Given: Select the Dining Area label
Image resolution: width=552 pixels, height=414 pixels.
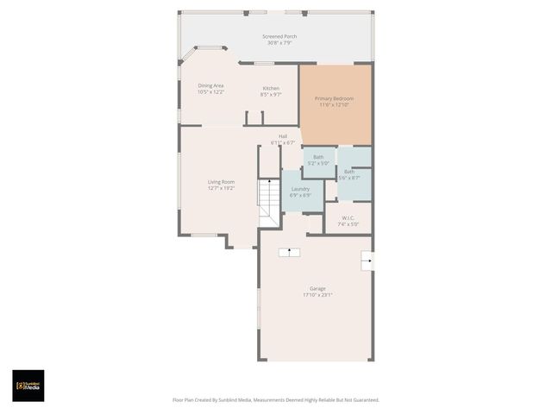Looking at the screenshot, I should tap(211, 85).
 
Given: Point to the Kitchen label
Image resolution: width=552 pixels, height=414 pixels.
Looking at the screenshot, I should tap(271, 88).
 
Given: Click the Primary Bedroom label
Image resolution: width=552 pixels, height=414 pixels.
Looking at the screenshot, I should tap(335, 98).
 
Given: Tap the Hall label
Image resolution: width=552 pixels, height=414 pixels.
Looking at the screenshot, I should tap(283, 135).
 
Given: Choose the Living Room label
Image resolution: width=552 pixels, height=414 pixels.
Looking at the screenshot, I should tap(221, 181).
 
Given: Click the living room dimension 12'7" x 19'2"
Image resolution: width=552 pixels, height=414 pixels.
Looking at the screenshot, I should tap(221, 188).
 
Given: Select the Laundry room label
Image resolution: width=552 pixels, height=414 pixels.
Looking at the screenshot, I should tap(300, 188).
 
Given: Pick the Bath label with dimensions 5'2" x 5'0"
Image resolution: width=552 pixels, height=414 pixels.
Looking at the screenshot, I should tap(318, 156).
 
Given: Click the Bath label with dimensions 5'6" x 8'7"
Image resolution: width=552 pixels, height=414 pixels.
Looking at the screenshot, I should tap(349, 171).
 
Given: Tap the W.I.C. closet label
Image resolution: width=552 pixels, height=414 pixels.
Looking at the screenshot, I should tap(348, 217).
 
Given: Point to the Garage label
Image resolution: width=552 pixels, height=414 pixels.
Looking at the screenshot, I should tap(317, 288).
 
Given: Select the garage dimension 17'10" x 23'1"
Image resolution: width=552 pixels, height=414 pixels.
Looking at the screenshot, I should tap(317, 295).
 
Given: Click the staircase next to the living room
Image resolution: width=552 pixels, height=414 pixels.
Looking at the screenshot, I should tap(269, 204).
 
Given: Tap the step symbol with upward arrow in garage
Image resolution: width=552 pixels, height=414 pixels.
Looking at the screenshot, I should tap(288, 252).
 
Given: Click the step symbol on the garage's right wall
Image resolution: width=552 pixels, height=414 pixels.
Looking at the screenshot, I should tap(367, 260).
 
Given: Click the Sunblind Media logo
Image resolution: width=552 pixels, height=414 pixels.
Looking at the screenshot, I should tap(28, 386).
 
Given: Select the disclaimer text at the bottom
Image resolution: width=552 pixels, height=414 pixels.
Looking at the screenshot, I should tap(276, 400).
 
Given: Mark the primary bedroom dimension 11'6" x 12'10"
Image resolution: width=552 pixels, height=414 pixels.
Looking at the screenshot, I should tap(335, 105).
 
